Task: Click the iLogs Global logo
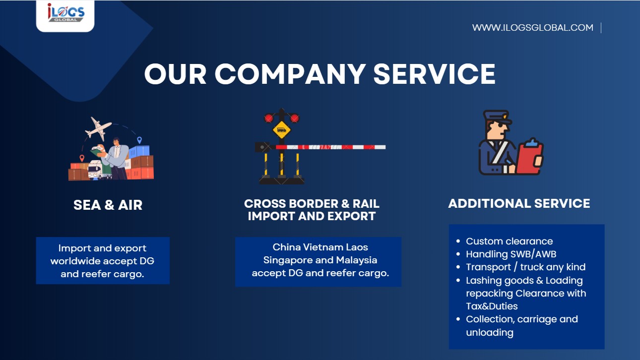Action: coord(65,13)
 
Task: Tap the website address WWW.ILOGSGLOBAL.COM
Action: coord(532,28)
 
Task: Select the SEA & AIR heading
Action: coord(108,205)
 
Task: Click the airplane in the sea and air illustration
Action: coord(98,129)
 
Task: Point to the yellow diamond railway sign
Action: coord(281,130)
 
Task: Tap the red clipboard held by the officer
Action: coord(529,157)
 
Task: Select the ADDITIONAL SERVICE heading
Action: coord(519,203)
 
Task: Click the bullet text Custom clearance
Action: coord(509,241)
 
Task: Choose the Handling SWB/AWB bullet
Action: coord(511,254)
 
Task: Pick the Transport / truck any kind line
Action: coord(525,267)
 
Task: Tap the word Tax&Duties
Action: coord(492,306)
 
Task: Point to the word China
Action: coord(285,247)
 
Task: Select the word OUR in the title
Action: coord(175,74)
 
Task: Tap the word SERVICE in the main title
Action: coord(434,74)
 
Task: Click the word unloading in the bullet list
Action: coord(489,332)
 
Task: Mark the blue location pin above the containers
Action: coord(139,140)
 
